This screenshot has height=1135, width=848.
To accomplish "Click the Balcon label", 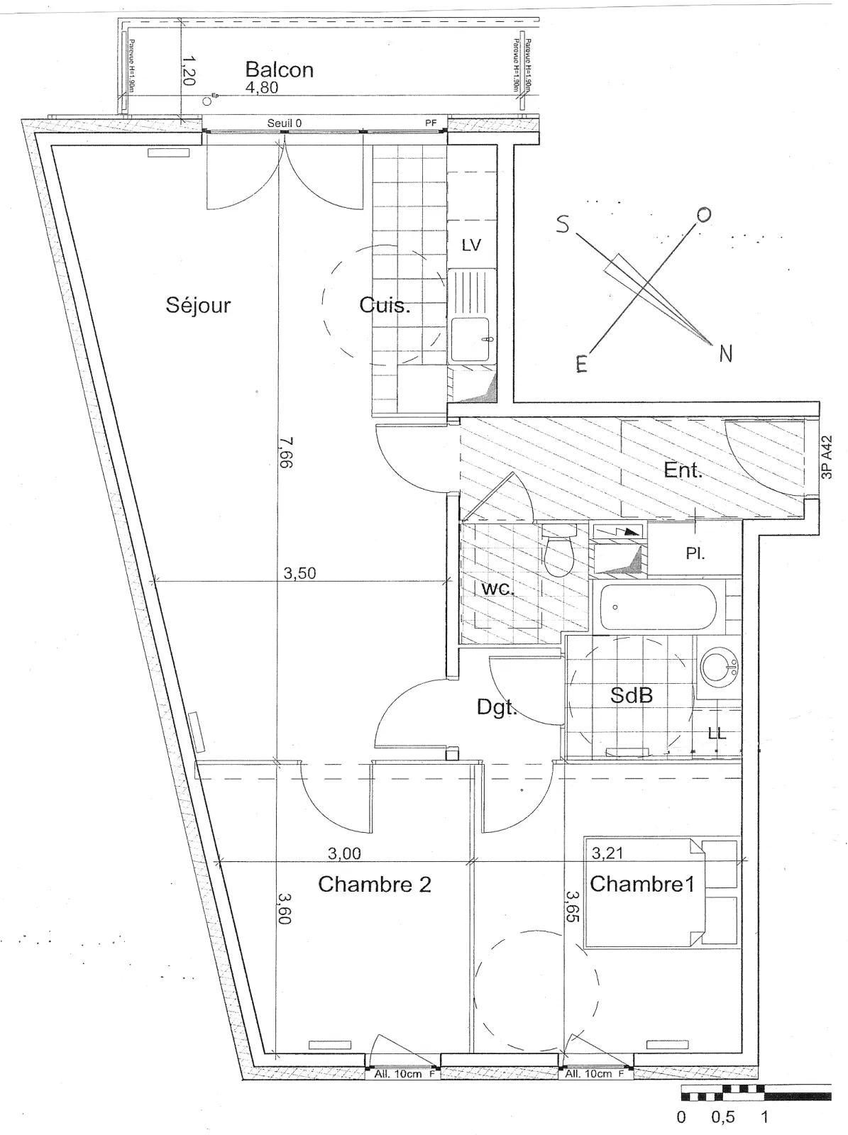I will point(279,70).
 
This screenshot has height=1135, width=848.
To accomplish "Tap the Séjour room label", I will point(198,305).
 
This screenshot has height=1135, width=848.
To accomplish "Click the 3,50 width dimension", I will point(299,573).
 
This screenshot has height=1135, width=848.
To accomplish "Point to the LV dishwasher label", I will point(471,245).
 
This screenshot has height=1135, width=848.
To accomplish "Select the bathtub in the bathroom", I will point(657,607).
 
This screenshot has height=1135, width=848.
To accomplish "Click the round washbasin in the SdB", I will point(717,667).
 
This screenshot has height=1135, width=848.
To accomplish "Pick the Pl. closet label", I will point(695,554).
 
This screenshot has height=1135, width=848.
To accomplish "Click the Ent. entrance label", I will point(683,470).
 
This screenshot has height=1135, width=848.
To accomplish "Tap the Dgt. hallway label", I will point(495,707).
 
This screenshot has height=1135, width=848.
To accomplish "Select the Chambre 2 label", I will point(375,885).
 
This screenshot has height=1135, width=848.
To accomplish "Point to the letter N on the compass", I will point(725,353).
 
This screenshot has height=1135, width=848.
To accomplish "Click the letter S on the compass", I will point(563,224).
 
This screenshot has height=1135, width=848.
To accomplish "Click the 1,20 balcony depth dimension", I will point(188,71).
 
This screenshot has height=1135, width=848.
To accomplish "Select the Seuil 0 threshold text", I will point(285,123).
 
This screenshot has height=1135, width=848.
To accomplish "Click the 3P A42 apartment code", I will point(827,458).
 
